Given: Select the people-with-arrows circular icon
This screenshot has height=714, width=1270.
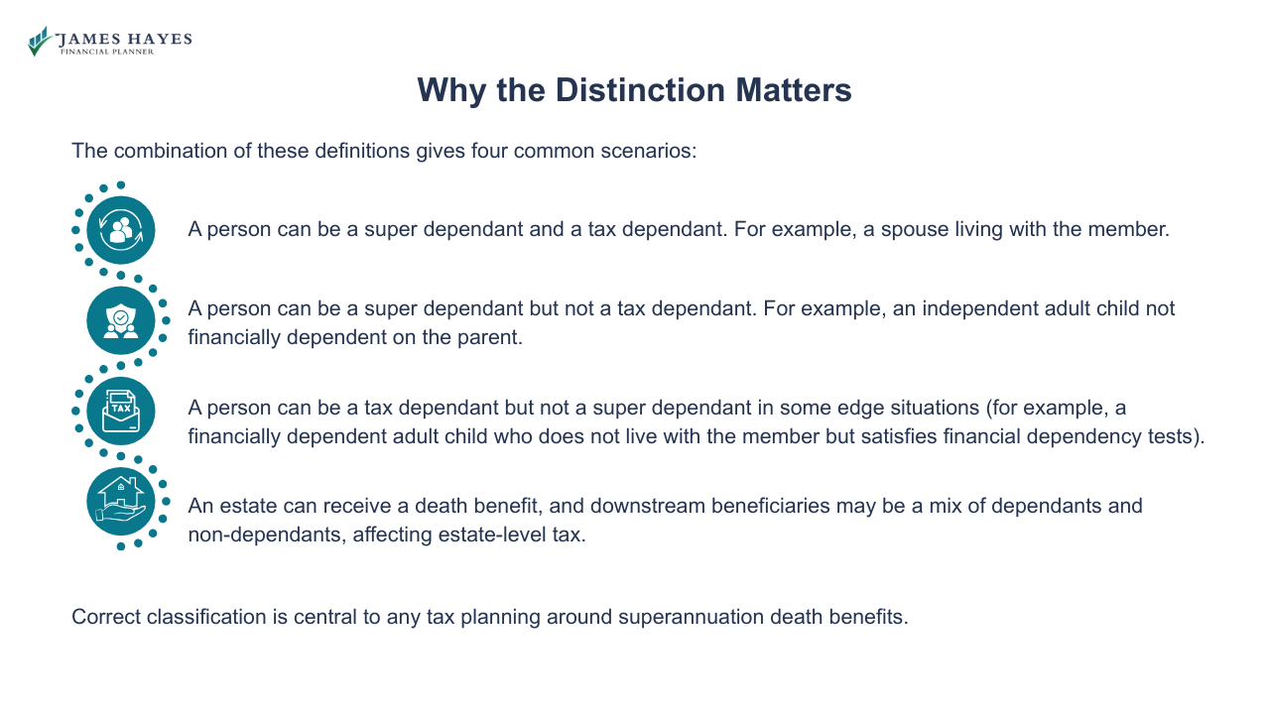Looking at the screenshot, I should pyautogui.click(x=121, y=229).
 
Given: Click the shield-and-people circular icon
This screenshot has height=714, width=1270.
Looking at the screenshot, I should pyautogui.click(x=121, y=319).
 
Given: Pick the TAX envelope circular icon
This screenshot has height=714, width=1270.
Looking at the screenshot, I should pyautogui.click(x=121, y=410).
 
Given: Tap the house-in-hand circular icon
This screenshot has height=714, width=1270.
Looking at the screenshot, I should pyautogui.click(x=121, y=501).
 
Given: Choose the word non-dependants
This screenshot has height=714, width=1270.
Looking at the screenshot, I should pyautogui.click(x=258, y=535).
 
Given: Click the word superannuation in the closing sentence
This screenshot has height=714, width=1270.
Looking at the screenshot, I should pyautogui.click(x=691, y=617).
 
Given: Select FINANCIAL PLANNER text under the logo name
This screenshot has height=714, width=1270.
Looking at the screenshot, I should pyautogui.click(x=107, y=52).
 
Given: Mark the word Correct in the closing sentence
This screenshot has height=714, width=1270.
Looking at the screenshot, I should pyautogui.click(x=106, y=617).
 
